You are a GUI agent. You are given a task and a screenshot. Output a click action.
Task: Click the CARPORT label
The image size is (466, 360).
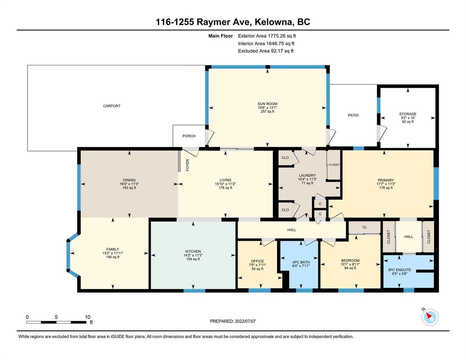click(112, 106)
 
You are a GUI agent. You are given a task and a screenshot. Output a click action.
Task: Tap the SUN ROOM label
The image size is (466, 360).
click(267, 104)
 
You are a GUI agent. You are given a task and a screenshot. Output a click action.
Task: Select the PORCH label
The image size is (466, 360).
click(189, 136)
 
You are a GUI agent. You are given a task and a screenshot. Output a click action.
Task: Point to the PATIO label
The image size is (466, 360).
click(353, 115)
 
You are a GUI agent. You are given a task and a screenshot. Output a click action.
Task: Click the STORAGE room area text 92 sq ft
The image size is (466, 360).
click(408, 121)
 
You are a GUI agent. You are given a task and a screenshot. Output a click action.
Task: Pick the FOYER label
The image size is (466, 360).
click(188, 165)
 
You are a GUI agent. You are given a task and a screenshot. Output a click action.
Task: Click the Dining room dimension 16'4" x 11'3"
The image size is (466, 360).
click(129, 184)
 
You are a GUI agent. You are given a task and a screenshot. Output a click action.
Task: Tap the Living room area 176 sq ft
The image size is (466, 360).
click(225, 187)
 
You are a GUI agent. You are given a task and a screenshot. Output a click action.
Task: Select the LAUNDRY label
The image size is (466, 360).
click(307, 175)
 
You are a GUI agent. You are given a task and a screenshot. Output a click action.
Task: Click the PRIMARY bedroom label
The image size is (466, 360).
click(386, 180)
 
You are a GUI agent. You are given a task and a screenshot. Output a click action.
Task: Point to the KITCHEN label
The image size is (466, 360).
click(193, 251)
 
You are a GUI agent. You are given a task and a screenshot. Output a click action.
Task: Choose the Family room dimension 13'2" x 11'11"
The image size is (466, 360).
click(113, 253)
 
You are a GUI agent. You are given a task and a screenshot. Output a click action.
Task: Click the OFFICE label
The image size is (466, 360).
click(257, 261)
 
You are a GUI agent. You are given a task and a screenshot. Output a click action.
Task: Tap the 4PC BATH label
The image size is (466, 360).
click(301, 262)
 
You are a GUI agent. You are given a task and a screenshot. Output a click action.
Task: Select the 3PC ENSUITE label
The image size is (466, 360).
click(399, 270)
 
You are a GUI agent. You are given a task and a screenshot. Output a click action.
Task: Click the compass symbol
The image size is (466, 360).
click(430, 317)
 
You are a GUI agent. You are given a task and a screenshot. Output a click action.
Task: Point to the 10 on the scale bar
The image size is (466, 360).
click(87, 317)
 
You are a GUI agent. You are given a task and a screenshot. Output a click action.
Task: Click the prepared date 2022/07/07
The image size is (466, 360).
click(245, 321)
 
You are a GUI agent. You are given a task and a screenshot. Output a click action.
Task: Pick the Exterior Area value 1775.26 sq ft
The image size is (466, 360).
click(281, 36)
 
